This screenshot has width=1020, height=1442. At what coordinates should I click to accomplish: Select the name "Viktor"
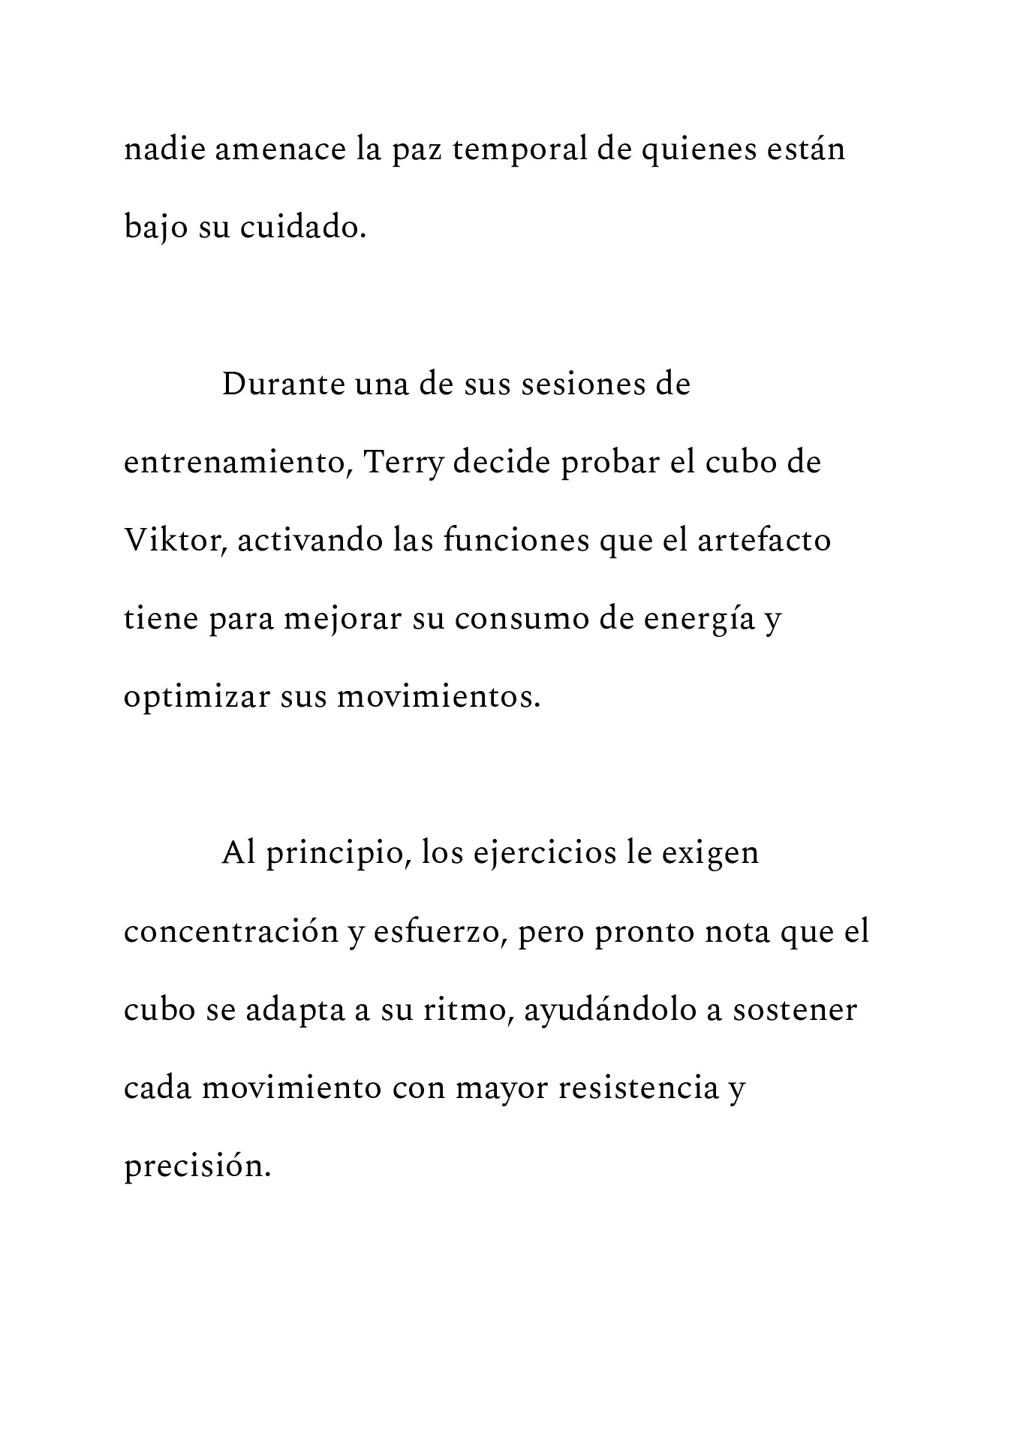point(175,541)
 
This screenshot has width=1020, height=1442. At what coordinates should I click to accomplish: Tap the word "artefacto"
point(764,541)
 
